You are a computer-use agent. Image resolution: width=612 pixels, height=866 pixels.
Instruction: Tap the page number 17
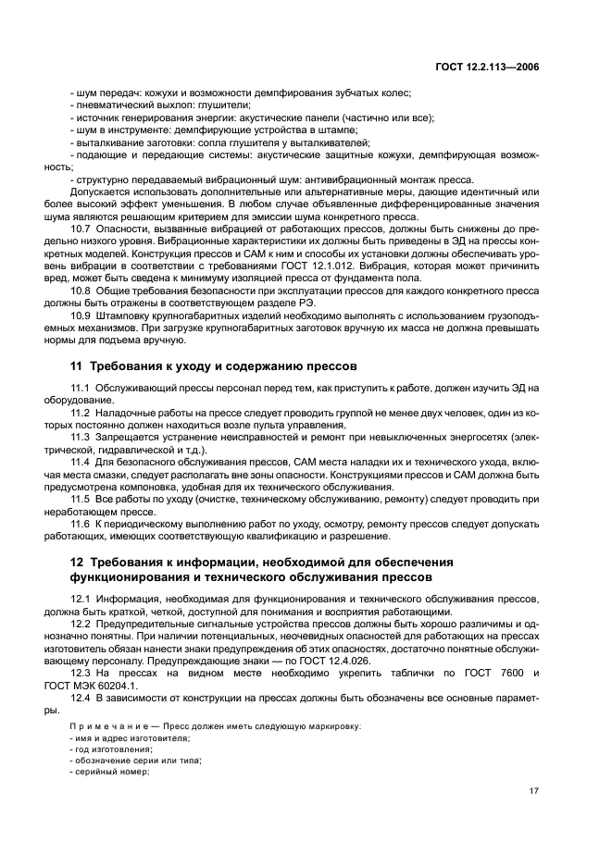pyautogui.click(x=533, y=791)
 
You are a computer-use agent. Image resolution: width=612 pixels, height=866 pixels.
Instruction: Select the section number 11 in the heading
pyautogui.click(x=78, y=365)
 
